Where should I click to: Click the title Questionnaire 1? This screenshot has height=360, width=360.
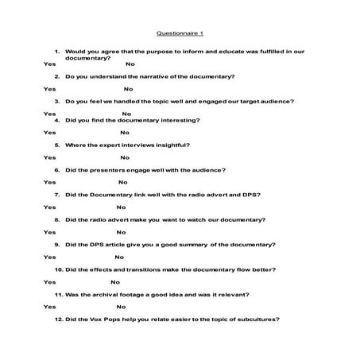point(180,34)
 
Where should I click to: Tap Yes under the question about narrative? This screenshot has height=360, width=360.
point(49,89)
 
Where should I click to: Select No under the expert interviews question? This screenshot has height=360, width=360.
point(125,158)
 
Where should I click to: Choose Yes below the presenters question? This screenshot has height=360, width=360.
point(49,183)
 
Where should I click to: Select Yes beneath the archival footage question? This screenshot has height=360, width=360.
point(49,306)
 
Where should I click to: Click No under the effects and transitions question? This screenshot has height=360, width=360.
point(115,281)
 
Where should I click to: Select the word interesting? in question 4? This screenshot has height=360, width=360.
point(180,120)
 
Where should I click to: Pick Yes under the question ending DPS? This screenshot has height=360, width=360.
point(49,207)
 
